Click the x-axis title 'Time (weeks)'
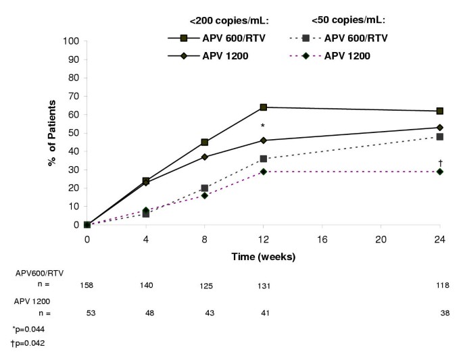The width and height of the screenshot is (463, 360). pos(263,257)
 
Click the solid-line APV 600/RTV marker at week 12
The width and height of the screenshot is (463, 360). pos(263,107)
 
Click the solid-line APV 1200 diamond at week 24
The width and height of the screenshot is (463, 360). pos(439,128)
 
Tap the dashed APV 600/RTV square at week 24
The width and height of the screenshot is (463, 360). pos(439,136)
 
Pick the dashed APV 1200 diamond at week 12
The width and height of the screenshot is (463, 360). pos(263,172)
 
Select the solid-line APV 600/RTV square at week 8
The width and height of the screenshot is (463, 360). pos(204,143)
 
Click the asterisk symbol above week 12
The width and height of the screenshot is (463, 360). pos(263,126)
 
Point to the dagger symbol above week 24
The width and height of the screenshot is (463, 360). pos(440,163)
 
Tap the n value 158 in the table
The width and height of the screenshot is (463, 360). pos(87,286)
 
